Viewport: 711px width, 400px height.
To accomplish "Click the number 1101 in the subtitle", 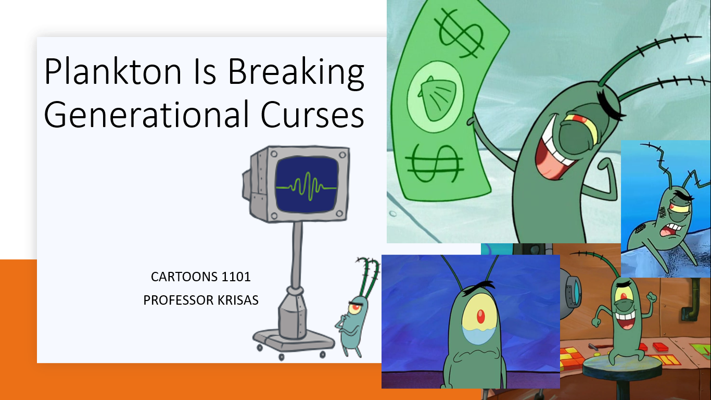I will [x=236, y=277].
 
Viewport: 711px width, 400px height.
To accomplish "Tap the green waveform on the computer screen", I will [x=306, y=185].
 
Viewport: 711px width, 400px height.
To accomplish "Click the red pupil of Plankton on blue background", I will [x=479, y=315].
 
